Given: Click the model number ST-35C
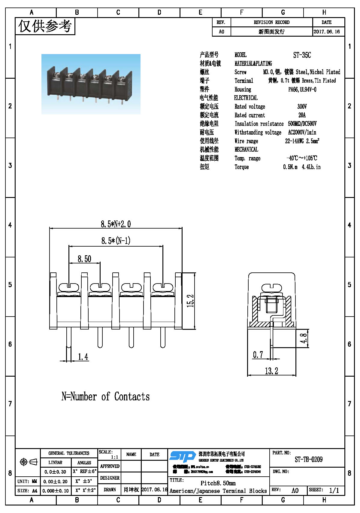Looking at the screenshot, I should point(302,55).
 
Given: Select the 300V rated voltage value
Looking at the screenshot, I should point(302,107).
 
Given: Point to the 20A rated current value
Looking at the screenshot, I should point(302,115).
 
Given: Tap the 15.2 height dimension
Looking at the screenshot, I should point(190,301).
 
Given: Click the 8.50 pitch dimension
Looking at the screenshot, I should point(84,259).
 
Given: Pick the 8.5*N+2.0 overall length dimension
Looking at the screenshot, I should point(116,224).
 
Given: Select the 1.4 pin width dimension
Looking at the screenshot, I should point(83,357).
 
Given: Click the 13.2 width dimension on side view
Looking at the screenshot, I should point(271,371).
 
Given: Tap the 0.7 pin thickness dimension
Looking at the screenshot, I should point(258,355).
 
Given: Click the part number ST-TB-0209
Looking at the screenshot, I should point(308,460).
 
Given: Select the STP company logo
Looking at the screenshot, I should point(182,457).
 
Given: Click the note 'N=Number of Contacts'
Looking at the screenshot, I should point(105,396).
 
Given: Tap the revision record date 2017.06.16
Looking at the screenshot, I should point(327,32).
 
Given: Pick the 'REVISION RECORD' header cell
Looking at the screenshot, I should point(271,22).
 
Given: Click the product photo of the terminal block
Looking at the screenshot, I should point(91,84).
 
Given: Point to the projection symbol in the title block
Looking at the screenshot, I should point(28,462).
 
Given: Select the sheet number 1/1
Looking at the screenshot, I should point(334,490).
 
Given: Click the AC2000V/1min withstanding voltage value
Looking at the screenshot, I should point(302,132).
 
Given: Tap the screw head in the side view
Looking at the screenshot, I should point(272,288).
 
